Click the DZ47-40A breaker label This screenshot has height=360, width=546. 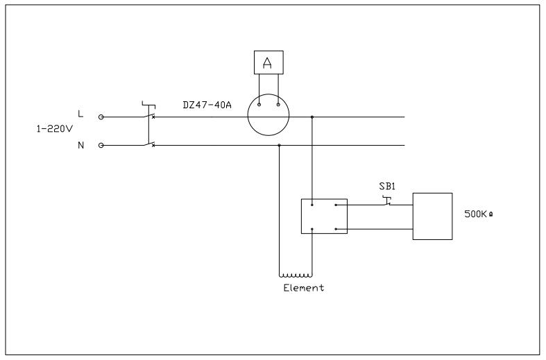(x=207, y=105)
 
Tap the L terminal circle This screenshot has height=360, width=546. (x=101, y=117)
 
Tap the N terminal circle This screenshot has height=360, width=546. (x=101, y=146)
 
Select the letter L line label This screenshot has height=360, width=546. (x=80, y=114)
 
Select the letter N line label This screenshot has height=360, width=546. (x=80, y=145)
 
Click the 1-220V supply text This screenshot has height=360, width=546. (x=55, y=129)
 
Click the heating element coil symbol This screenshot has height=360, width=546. (x=296, y=275)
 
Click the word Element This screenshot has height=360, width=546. (x=304, y=288)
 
